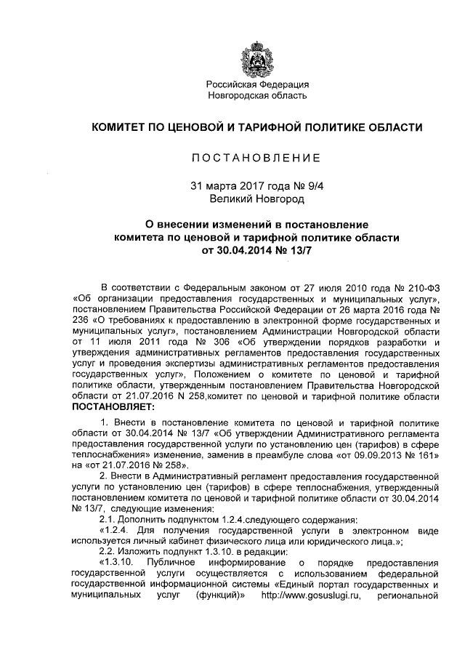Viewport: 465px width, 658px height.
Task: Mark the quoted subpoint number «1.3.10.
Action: [114, 564]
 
